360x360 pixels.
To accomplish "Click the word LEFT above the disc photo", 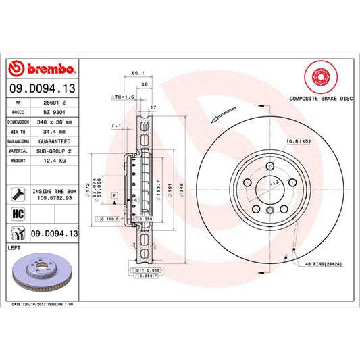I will tap(14, 248).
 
